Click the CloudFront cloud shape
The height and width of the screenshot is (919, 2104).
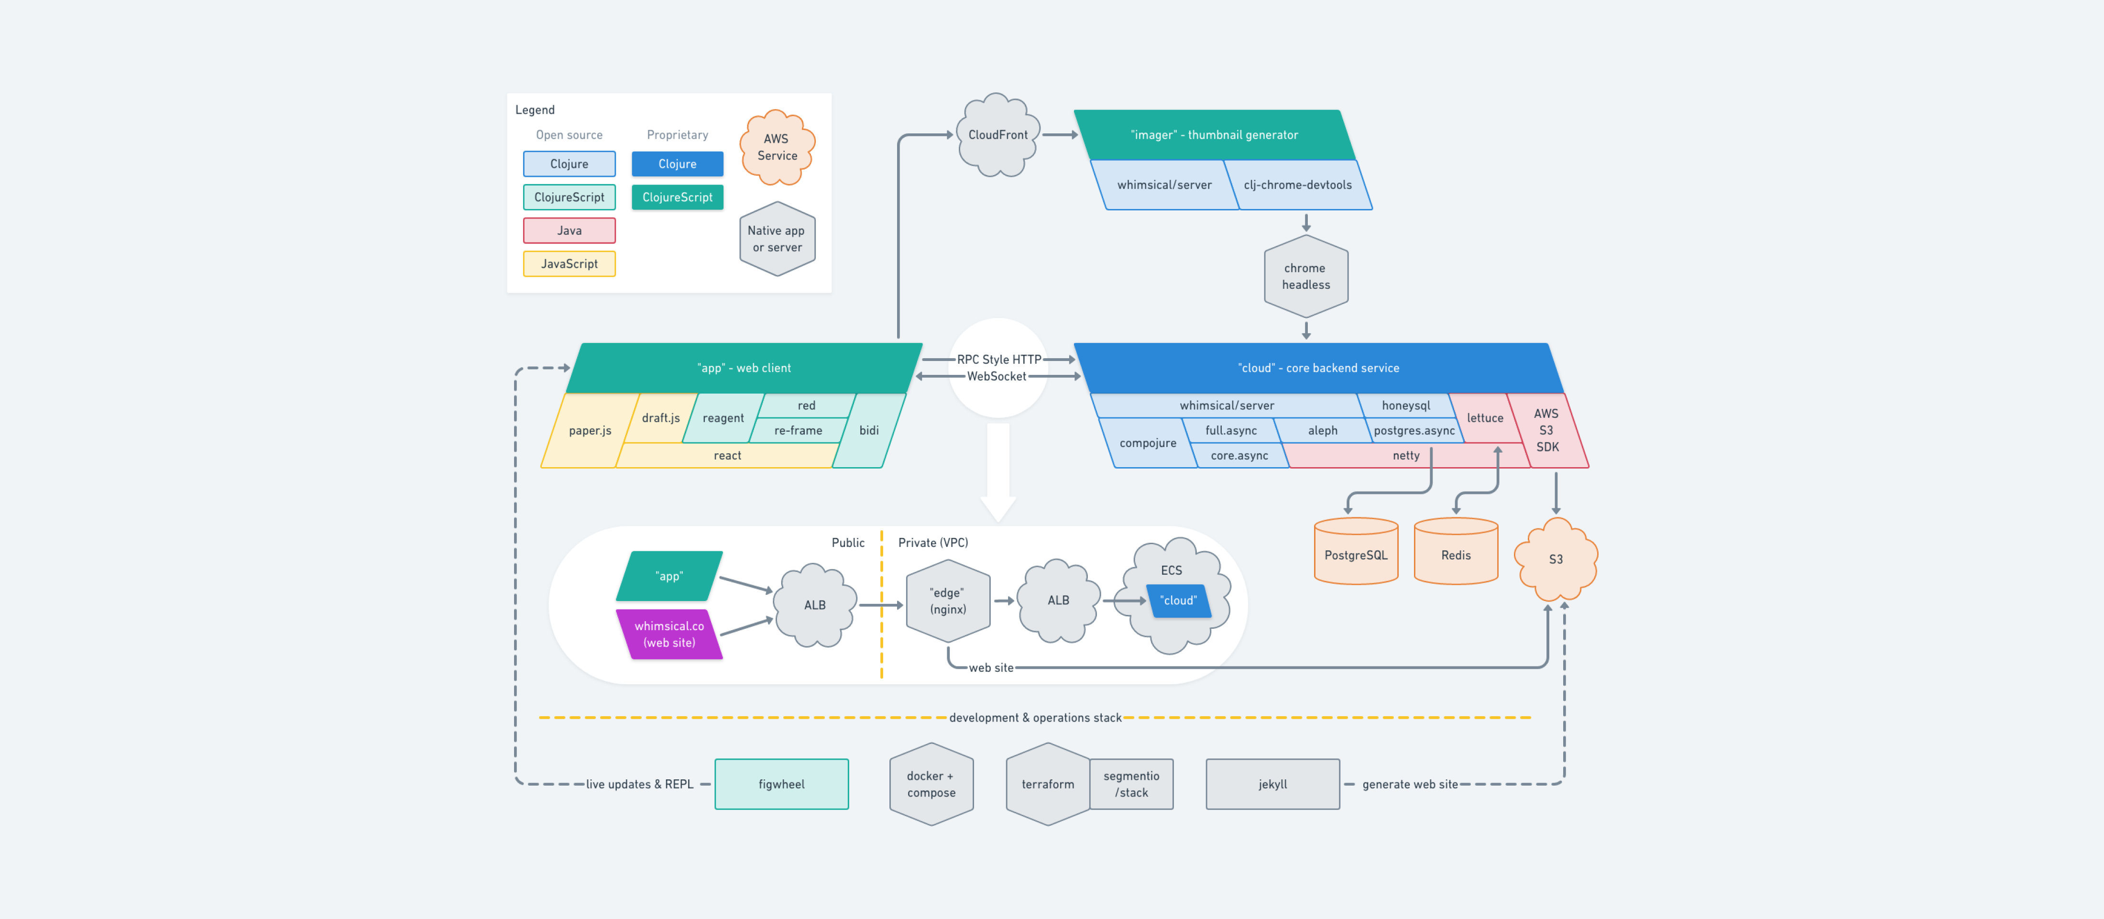pos(997,135)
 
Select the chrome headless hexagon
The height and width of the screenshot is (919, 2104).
pos(1305,276)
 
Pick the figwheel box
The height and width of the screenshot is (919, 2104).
pos(781,783)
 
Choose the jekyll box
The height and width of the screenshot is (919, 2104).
pos(1271,783)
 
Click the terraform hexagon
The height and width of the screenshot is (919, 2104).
pos(1047,783)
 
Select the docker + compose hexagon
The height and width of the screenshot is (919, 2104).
pos(930,783)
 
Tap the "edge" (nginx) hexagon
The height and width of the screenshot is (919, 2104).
pos(947,601)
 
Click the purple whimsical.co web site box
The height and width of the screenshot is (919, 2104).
pos(669,634)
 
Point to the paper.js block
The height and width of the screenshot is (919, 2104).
pos(589,430)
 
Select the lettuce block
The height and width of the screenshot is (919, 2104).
pos(1484,417)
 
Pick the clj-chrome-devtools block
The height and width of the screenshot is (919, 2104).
pos(1297,185)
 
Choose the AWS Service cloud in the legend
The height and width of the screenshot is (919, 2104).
pos(776,147)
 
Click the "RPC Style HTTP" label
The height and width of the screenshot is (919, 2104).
pos(998,360)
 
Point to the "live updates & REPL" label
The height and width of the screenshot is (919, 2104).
pos(639,783)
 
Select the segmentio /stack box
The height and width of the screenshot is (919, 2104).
pos(1131,783)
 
